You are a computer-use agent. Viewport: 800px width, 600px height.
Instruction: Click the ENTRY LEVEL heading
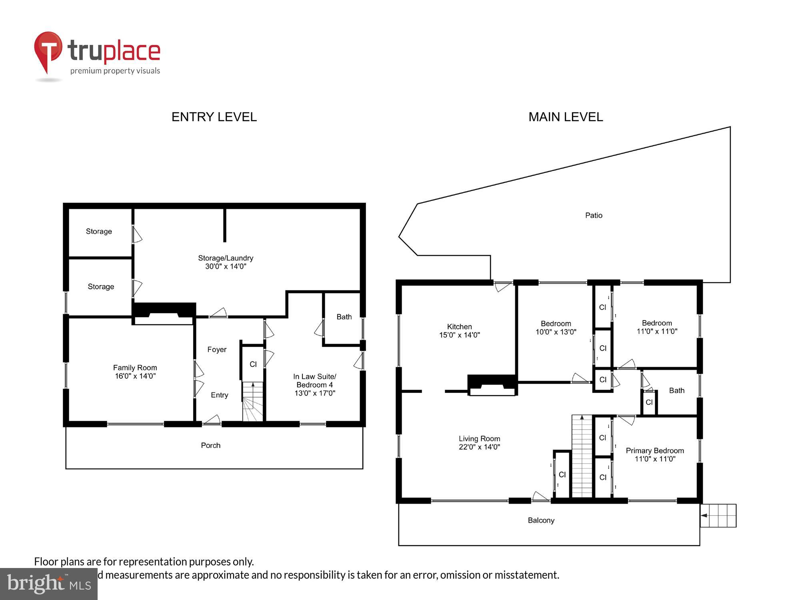pos(214,117)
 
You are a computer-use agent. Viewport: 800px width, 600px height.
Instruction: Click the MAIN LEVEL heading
pos(565,117)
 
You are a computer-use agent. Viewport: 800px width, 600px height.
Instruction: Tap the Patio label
pos(594,215)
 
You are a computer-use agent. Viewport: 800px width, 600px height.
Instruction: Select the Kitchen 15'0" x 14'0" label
pos(459,331)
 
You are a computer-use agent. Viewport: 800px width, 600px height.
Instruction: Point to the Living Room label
pos(479,443)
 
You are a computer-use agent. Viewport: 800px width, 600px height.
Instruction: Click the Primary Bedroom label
pos(655,455)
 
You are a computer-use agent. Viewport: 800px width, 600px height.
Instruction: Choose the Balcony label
pos(541,520)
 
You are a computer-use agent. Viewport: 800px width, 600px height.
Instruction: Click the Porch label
pos(210,446)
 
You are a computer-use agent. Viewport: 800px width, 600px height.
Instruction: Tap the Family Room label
pos(135,372)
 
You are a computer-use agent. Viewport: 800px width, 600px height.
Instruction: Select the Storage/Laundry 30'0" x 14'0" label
pos(226,262)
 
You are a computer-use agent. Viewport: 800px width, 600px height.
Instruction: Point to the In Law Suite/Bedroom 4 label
pos(314,384)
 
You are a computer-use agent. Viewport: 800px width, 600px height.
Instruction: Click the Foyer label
pos(217,350)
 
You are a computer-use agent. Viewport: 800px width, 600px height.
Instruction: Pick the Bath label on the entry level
pos(344,317)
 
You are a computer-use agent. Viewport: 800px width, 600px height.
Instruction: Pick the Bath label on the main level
pos(676,390)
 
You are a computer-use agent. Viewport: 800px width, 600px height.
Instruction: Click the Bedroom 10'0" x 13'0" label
pos(556,328)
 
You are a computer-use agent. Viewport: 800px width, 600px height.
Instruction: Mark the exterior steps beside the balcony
pos(719,516)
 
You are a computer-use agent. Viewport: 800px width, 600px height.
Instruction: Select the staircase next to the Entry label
pos(253,401)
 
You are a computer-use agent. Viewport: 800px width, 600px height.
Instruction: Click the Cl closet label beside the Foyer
pos(253,364)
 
